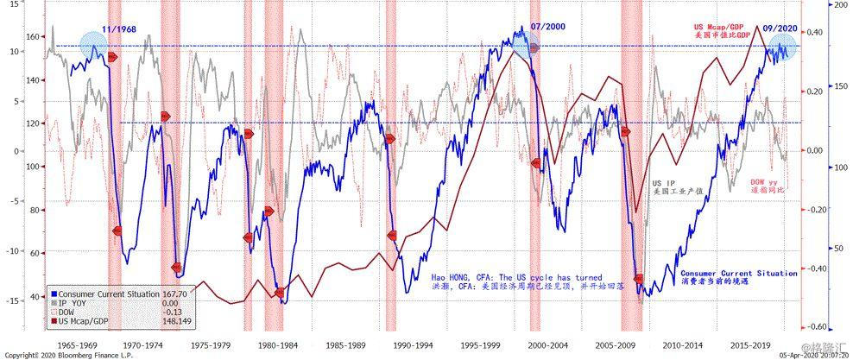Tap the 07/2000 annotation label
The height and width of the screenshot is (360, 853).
tap(549, 27)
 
